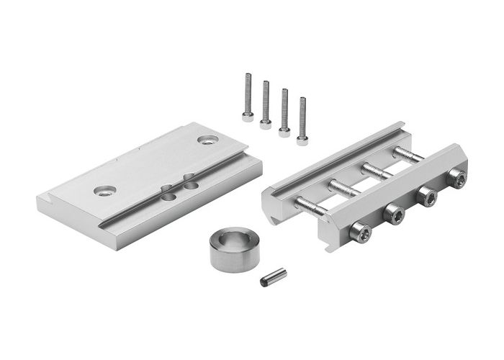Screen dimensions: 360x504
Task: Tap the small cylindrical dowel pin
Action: pyautogui.click(x=273, y=276)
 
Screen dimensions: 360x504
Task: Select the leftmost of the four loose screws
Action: pyautogui.click(x=248, y=96)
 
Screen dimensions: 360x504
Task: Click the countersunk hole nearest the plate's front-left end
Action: pyautogui.click(x=105, y=191)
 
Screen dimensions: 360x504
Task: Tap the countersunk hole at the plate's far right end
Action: pyautogui.click(x=208, y=140)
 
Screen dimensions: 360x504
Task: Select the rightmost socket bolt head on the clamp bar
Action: pyautogui.click(x=456, y=178)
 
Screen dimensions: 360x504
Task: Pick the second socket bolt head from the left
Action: pyautogui.click(x=393, y=213)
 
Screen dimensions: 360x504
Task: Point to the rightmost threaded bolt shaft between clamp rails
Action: pyautogui.click(x=408, y=154)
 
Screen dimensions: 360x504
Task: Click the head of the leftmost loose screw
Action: pyautogui.click(x=248, y=115)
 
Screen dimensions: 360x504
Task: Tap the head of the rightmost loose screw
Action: pyautogui.click(x=302, y=139)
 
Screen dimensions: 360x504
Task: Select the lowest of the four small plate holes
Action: pyautogui.click(x=167, y=195)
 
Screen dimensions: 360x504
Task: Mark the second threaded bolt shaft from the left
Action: pyautogui.click(x=343, y=189)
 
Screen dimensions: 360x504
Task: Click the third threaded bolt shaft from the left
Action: pyautogui.click(x=377, y=171)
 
